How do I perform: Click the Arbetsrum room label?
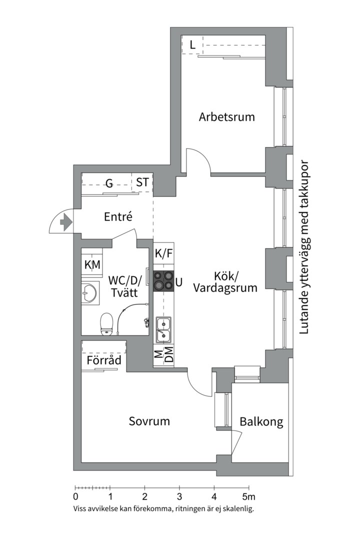(x=226, y=117)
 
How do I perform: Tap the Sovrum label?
(x=149, y=421)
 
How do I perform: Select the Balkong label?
(x=261, y=422)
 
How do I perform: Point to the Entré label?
(x=118, y=217)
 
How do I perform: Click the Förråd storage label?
(x=104, y=360)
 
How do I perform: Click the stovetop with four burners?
(x=163, y=280)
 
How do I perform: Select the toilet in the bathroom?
(x=106, y=324)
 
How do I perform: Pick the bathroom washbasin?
(x=90, y=293)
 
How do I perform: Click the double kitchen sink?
(x=163, y=329)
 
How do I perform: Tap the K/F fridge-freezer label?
(x=163, y=253)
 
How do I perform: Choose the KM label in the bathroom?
(x=92, y=264)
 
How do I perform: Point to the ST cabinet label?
(x=142, y=182)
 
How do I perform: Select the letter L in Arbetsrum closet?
(x=192, y=45)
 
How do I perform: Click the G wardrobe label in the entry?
(x=108, y=182)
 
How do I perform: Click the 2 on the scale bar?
(x=144, y=497)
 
